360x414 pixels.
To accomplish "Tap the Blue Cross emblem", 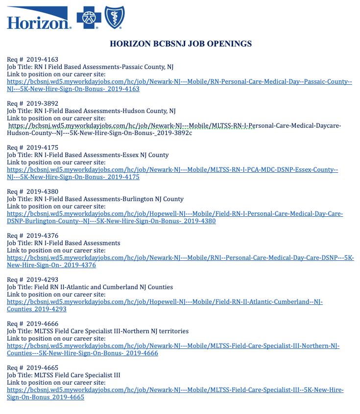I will [x=89, y=19].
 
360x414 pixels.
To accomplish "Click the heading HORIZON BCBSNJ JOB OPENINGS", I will [x=180, y=44].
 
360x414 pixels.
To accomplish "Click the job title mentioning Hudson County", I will [x=91, y=111].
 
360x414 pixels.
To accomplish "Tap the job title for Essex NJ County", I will [x=88, y=155].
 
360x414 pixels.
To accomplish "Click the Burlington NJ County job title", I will [x=95, y=199].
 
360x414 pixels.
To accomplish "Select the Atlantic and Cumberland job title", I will [x=90, y=287].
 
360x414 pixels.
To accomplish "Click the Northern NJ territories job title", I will [x=97, y=331].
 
